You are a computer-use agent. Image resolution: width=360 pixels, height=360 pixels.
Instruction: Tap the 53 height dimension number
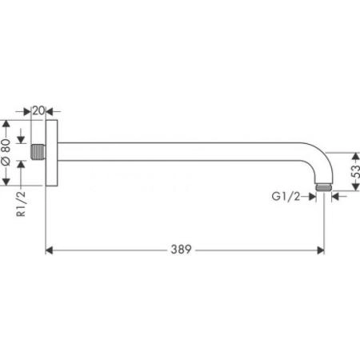tap(355, 171)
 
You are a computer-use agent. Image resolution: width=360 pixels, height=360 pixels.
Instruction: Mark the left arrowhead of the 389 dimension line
tap(48, 250)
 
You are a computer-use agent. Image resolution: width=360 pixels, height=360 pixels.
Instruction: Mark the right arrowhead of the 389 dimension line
tap(319, 250)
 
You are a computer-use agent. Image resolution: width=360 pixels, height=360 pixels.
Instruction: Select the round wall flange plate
tap(52, 153)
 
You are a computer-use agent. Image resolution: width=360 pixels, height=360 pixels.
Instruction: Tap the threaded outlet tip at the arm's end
tap(323, 187)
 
